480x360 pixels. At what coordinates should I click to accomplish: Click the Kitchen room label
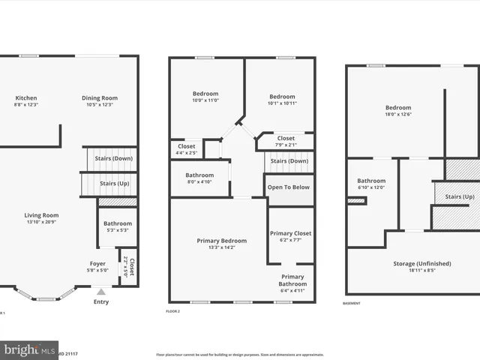[x=26, y=98]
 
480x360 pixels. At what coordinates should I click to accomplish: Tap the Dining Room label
[x=100, y=98]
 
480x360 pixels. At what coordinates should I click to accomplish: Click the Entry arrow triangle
[x=101, y=291]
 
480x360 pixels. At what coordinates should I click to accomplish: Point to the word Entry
[x=101, y=302]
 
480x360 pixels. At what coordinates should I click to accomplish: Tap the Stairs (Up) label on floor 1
[x=114, y=183]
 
